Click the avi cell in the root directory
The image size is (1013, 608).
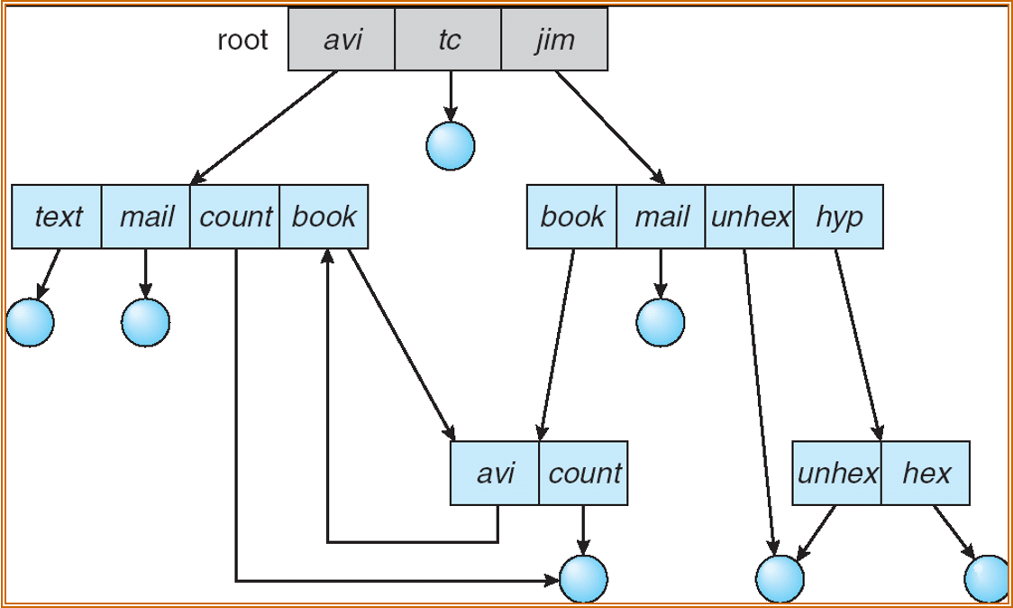point(342,40)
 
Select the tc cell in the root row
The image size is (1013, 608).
point(448,40)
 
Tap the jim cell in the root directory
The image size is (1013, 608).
point(554,40)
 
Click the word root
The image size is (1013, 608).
point(242,41)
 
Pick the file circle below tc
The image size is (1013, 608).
point(450,145)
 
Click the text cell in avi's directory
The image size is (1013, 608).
point(57,216)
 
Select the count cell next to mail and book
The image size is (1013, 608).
point(235,216)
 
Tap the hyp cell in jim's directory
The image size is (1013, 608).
point(838,216)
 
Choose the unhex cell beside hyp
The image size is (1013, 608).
point(750,216)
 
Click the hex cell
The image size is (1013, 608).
point(926,473)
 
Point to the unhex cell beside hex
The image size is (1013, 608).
point(837,473)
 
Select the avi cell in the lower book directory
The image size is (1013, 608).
point(495,473)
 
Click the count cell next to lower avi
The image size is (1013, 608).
point(584,473)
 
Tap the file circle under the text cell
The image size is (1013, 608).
point(30,321)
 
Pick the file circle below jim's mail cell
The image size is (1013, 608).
point(661,322)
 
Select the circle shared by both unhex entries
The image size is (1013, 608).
point(779,578)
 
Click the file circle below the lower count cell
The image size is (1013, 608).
point(583,578)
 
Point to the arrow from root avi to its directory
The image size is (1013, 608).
point(265,126)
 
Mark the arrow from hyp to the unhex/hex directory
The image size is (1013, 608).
point(856,343)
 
